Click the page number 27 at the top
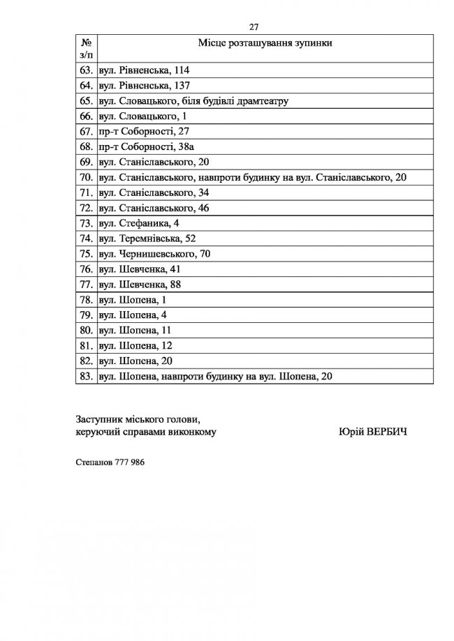(254, 27)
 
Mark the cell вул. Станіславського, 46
(154, 208)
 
